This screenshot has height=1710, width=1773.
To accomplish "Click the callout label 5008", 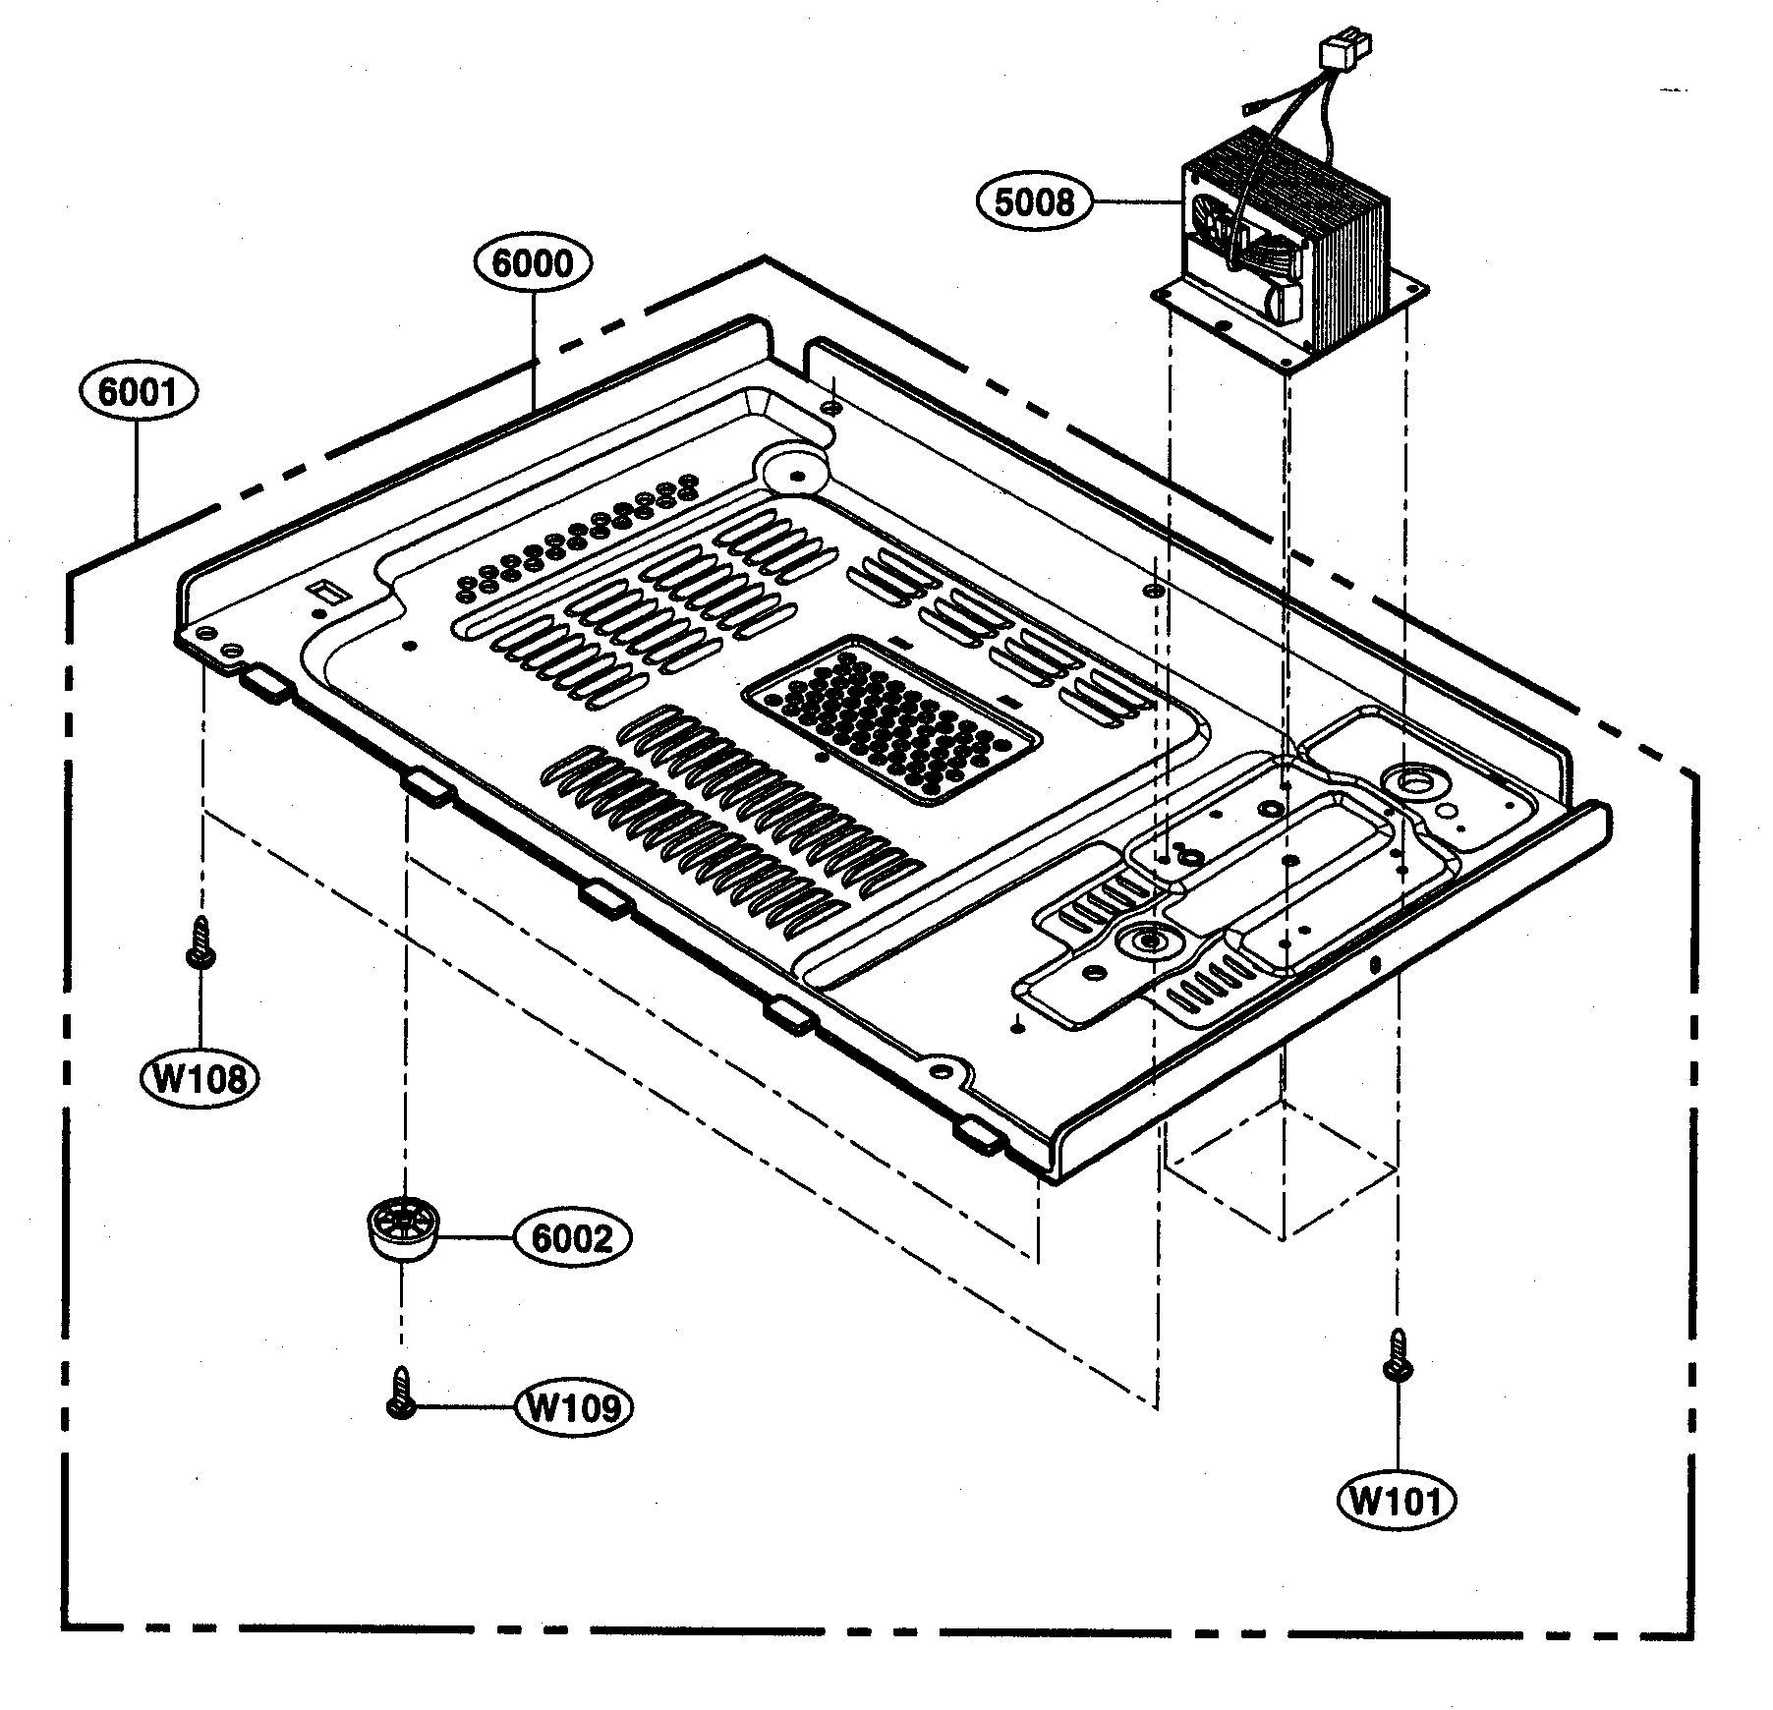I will tap(1035, 201).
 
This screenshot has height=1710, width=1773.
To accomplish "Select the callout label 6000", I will tap(535, 262).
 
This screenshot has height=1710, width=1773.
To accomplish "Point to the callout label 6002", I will tap(571, 1238).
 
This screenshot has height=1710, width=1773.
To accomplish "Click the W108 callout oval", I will tap(200, 1078).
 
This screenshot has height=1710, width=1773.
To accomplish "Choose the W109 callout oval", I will tap(574, 1408).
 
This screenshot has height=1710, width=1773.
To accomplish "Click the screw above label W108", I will tap(201, 943).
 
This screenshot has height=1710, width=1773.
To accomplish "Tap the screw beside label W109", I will tap(399, 1395).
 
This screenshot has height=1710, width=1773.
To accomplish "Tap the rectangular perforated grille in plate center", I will tap(889, 720).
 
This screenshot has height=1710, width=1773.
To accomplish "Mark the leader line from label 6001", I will tap(137, 472).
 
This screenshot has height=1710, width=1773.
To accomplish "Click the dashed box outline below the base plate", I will tap(1283, 1169).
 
